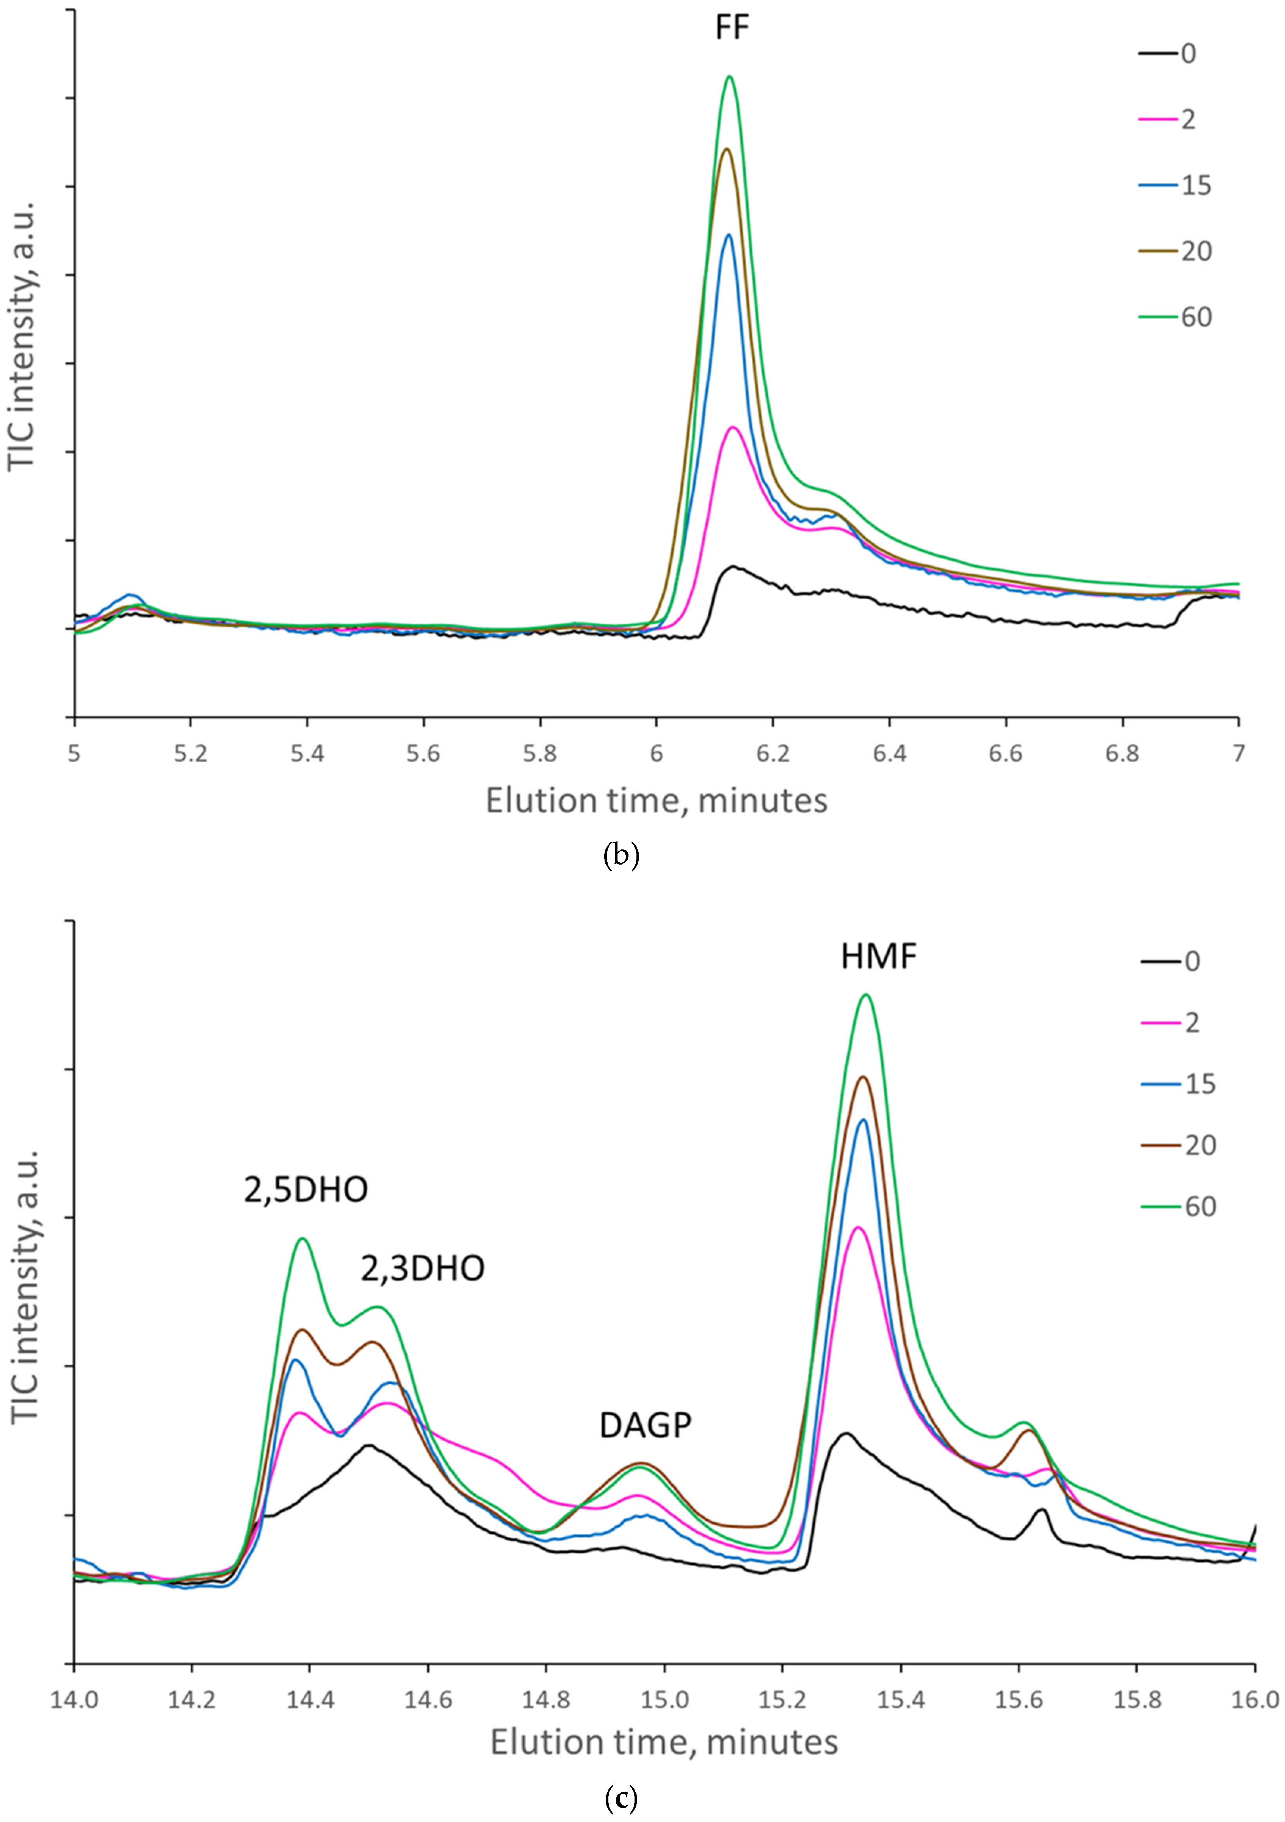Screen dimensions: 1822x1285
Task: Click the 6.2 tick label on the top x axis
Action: click(772, 753)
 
